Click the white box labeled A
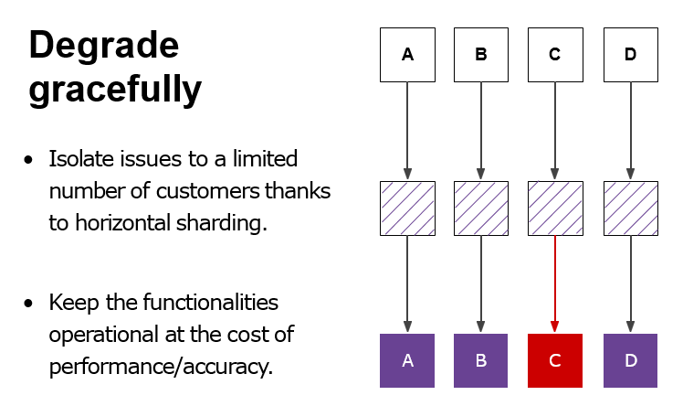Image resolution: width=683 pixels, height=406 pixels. coord(407,55)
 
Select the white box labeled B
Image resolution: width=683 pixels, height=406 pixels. coord(481,55)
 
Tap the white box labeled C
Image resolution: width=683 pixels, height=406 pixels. coord(554,55)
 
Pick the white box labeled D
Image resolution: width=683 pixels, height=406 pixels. coord(630,55)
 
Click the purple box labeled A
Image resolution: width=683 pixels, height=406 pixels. coord(407,360)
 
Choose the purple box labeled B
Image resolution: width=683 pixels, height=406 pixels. coord(481,360)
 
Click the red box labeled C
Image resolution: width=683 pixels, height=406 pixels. coord(554,360)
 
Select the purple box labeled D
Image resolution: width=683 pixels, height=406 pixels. coord(630,360)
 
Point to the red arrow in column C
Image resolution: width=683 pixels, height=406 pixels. coord(554,283)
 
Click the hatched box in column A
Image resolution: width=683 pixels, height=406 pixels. coord(407,208)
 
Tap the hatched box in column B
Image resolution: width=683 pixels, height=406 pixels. coord(481,208)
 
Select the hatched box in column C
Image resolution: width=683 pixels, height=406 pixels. coord(554,208)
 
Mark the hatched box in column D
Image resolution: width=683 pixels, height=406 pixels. coord(630,208)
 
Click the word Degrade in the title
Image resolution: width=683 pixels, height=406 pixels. coord(104,45)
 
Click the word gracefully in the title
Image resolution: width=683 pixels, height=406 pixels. coord(115,90)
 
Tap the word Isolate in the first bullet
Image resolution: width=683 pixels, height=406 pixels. coord(84,159)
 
